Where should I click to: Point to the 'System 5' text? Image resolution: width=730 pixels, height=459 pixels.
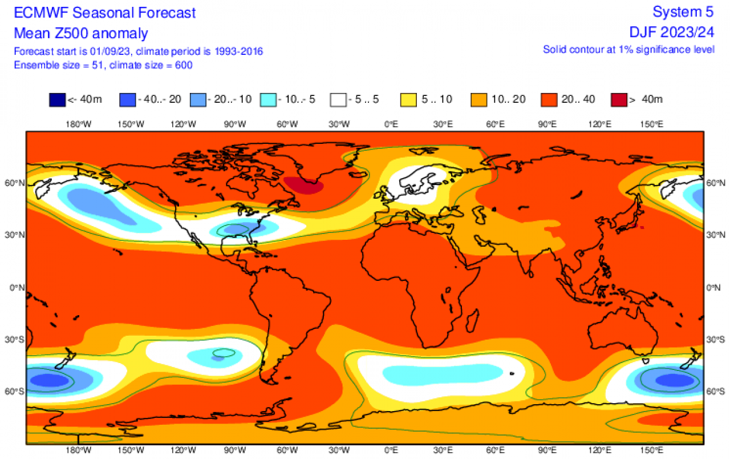(x=683, y=13)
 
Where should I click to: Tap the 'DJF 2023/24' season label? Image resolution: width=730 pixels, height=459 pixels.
(x=673, y=33)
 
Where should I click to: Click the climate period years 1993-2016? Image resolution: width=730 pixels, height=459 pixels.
(x=238, y=51)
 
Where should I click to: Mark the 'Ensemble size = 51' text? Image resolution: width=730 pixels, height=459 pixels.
(x=57, y=65)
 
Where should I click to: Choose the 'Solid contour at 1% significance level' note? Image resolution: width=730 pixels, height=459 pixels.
(x=628, y=50)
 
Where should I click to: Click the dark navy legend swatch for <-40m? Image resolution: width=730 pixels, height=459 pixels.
(x=58, y=100)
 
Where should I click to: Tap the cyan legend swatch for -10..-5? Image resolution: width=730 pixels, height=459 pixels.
(x=269, y=100)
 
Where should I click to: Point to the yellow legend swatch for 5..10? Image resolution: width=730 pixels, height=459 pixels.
(x=409, y=100)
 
